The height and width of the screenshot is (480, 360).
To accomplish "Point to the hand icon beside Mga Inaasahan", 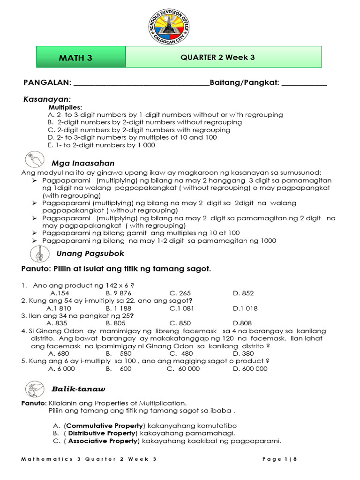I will [36, 160].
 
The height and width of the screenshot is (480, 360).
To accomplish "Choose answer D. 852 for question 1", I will [243, 293].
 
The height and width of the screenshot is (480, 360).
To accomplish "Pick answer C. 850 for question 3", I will [180, 323].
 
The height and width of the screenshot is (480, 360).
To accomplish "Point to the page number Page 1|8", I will [280, 459].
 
